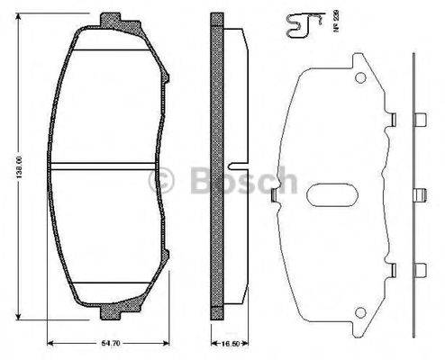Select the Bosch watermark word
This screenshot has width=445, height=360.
[243, 180]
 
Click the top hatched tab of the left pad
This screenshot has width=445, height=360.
[111, 20]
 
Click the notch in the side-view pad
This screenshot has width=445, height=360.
[234, 166]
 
